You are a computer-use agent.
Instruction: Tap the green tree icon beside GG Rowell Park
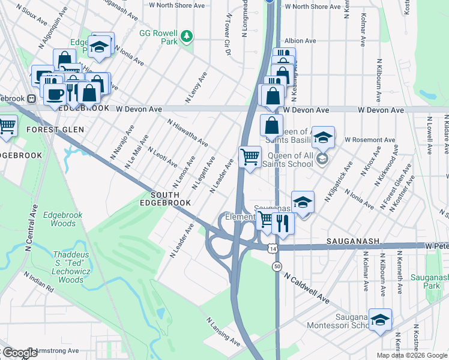pyautogui.click(x=187, y=37)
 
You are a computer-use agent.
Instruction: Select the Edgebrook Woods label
pyautogui.click(x=63, y=219)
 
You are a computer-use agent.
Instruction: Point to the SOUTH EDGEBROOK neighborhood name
pyautogui.click(x=170, y=199)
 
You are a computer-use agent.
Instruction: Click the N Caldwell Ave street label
pyautogui.click(x=308, y=288)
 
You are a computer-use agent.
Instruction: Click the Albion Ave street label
pyautogui.click(x=301, y=41)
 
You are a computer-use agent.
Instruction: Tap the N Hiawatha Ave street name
pyautogui.click(x=188, y=133)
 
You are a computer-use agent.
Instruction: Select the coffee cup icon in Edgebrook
pyautogui.click(x=55, y=94)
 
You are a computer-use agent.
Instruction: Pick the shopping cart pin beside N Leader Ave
pyautogui.click(x=250, y=157)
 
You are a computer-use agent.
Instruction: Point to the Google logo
pyautogui.click(x=19, y=353)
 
